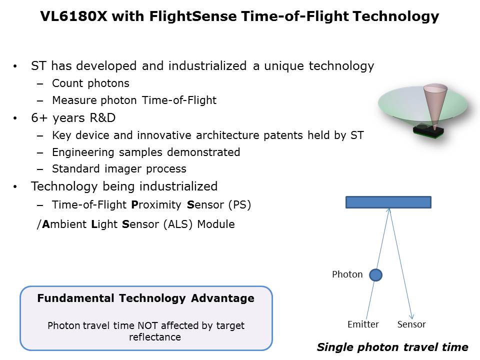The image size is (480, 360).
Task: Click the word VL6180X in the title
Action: (74, 16)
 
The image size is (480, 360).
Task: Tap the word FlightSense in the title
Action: (193, 16)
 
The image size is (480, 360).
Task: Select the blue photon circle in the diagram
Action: (375, 275)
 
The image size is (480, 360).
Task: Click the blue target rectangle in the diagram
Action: (388, 202)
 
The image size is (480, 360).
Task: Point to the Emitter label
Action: (363, 324)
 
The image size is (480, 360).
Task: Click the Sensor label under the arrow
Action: (411, 324)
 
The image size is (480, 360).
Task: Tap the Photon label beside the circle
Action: (347, 274)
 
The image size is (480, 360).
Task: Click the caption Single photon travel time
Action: (392, 347)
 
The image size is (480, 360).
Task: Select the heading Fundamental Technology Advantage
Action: (145, 298)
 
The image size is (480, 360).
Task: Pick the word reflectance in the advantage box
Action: (155, 337)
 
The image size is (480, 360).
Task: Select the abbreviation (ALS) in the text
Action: (178, 224)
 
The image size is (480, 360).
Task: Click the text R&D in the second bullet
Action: (102, 118)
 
